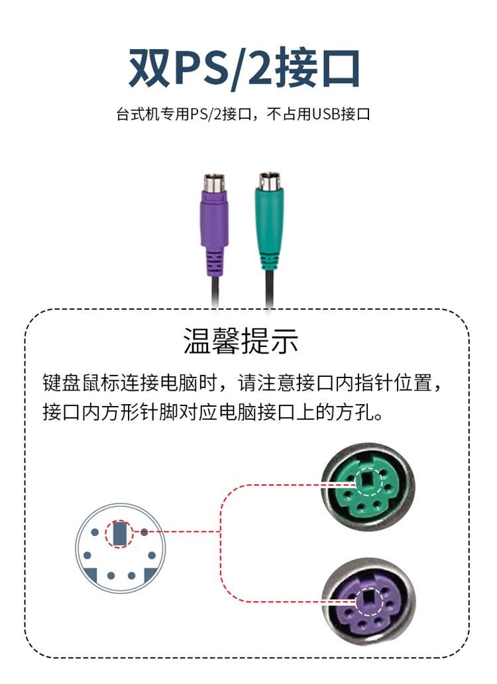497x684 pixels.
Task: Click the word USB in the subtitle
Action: point(326,114)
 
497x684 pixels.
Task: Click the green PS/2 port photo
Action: point(368,488)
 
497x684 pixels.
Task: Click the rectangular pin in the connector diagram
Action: point(119,533)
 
